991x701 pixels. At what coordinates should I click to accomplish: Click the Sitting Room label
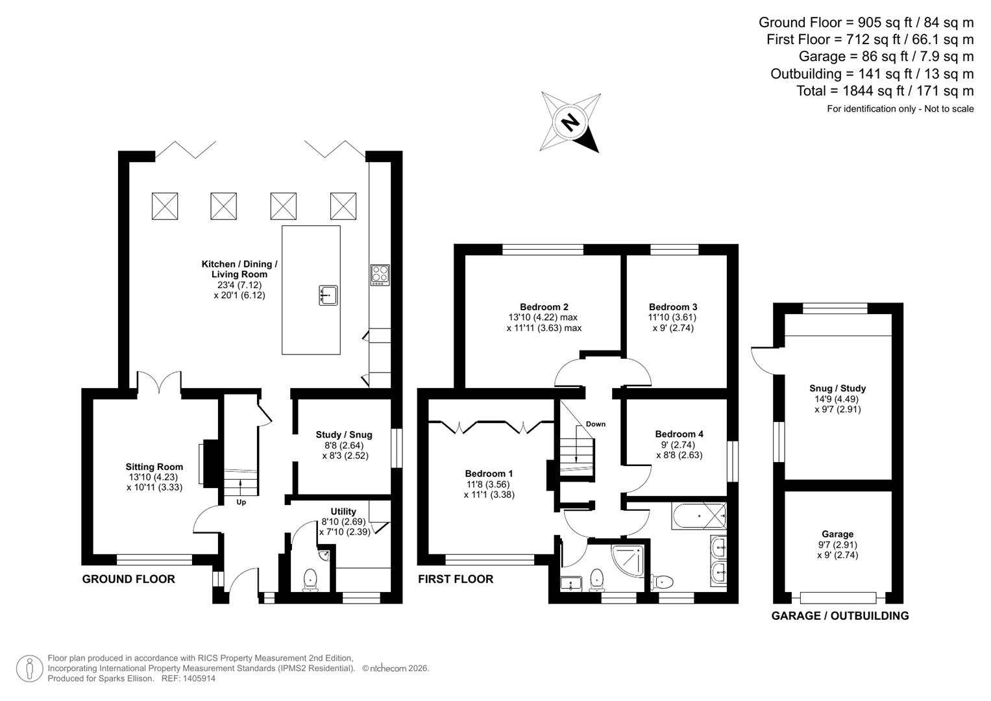coord(154,467)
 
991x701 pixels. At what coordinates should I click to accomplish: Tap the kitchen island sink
coord(328,295)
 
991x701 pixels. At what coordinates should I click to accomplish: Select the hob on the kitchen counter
coord(380,275)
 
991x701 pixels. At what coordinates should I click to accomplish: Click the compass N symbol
coord(570,122)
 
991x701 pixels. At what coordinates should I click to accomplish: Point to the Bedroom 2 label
coord(544,307)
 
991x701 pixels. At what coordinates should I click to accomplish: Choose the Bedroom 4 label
coord(679,434)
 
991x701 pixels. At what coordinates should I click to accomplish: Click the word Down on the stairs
coord(595,424)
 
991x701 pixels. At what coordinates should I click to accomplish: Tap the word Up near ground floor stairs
coord(241,502)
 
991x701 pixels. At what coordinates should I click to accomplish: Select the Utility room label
coord(343,511)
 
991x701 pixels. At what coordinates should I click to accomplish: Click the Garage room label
coord(837,534)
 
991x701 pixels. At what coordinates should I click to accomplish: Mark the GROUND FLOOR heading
coord(128,579)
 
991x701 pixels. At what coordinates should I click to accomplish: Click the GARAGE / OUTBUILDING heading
coord(840,615)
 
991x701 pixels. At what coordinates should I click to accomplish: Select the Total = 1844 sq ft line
coord(885,91)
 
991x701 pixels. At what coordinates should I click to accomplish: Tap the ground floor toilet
coord(311,579)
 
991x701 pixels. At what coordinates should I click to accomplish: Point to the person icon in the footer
coord(29,669)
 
